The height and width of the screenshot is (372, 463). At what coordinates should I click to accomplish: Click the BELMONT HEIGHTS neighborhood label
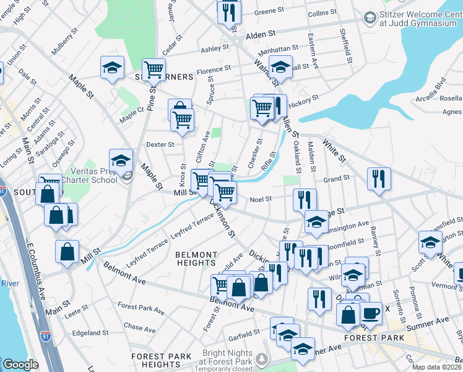coord(196,259)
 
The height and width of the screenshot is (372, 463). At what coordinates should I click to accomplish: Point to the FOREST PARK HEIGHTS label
coord(161,360)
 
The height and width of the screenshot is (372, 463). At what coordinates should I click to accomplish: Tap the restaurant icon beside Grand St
coord(378,179)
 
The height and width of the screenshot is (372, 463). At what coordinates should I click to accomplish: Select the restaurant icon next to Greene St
coord(228,12)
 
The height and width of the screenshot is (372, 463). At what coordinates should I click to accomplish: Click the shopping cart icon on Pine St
coord(153,69)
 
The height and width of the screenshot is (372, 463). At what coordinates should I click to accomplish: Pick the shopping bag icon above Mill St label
coord(66,251)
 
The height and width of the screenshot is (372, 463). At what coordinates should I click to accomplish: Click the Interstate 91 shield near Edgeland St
coord(45,335)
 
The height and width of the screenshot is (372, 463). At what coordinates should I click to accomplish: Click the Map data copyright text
coord(437,367)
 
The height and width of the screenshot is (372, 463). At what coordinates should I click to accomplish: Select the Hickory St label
coord(306,97)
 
